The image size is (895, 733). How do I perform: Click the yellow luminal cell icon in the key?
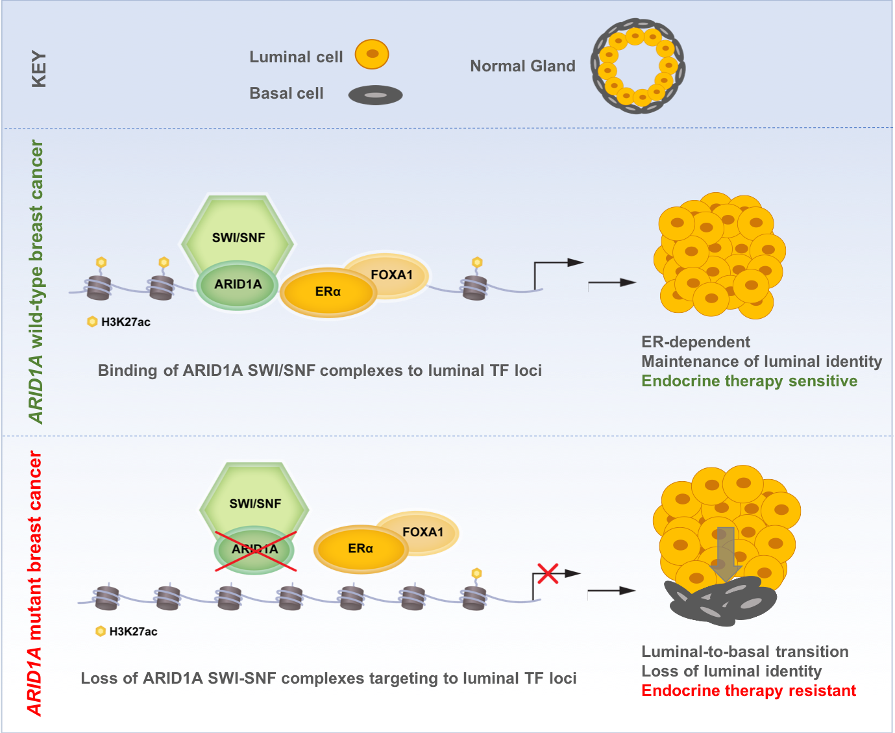(x=372, y=55)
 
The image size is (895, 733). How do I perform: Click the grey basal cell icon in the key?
(x=375, y=95)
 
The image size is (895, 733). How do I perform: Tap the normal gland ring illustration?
(x=637, y=66)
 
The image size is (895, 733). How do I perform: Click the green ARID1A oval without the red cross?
(x=238, y=285)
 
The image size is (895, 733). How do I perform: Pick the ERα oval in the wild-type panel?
(x=328, y=292)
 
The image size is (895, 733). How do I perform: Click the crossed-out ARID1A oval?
(x=255, y=550)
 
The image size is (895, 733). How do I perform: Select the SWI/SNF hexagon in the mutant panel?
(x=255, y=499)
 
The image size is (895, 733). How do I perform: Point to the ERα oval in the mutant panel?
(x=360, y=549)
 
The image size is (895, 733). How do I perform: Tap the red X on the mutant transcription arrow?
(x=548, y=573)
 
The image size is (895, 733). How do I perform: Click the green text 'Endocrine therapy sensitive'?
(x=749, y=381)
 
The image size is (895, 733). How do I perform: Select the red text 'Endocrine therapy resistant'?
(x=748, y=690)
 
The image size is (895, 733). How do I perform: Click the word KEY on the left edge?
(x=39, y=69)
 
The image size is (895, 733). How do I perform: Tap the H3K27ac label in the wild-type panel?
(x=125, y=322)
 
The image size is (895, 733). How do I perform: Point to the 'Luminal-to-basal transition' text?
(x=744, y=651)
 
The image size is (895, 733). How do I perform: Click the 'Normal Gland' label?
(x=522, y=66)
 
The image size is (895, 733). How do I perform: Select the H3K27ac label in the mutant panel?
(x=133, y=632)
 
